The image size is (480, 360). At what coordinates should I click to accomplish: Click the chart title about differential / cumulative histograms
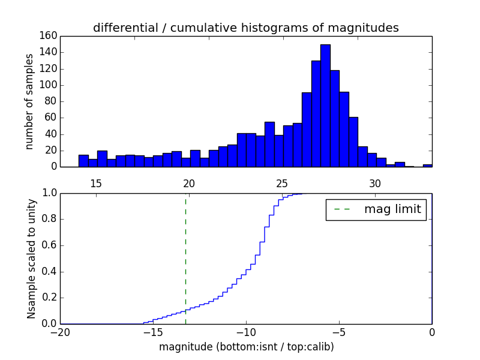[x=245, y=28]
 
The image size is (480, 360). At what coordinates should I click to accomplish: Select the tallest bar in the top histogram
[x=325, y=106]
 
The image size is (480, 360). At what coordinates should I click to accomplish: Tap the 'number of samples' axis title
[x=29, y=101]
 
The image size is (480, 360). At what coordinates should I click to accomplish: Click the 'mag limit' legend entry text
[x=392, y=209]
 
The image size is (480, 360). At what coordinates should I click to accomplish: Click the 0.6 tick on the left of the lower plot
[x=49, y=245]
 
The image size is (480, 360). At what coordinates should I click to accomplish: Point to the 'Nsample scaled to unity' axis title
[x=31, y=259]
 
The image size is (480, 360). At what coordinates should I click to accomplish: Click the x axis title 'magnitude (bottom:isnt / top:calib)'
[x=246, y=347]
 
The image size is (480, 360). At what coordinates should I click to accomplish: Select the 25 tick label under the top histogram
[x=282, y=183]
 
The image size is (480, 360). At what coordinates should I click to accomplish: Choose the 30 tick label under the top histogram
[x=375, y=183]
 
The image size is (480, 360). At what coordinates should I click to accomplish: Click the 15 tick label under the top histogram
[x=96, y=183]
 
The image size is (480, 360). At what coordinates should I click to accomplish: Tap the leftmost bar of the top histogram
[x=83, y=161]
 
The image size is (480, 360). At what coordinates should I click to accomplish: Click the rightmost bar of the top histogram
[x=427, y=165]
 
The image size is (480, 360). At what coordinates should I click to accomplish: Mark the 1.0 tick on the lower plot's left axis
[x=49, y=193]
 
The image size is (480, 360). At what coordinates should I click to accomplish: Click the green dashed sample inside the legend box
[x=342, y=209]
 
